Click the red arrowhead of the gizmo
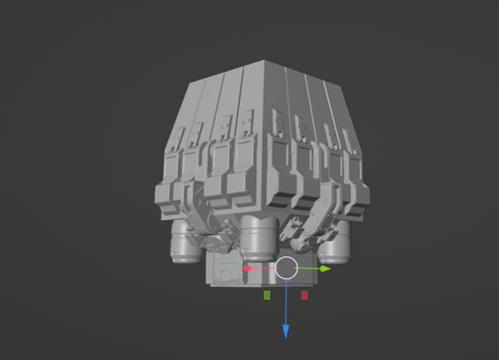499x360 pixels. point(247,267)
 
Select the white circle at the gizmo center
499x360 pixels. point(286,267)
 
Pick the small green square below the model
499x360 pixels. point(267,295)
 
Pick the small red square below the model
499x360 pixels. point(304,295)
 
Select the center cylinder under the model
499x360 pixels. point(258,235)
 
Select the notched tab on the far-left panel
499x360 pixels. point(178,139)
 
